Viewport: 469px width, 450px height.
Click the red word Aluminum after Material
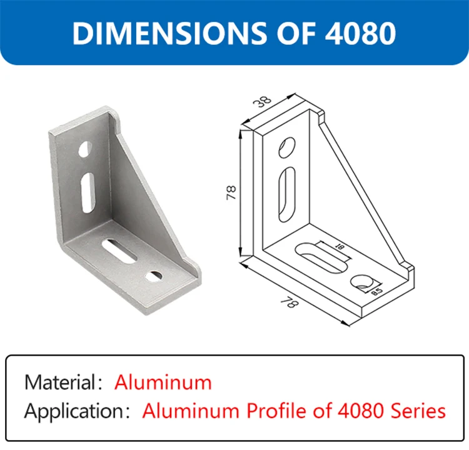point(163,382)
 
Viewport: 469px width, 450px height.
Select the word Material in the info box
point(60,382)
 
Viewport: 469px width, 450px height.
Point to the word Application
point(74,411)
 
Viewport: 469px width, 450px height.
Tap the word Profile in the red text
point(278,411)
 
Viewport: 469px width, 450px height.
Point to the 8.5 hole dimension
point(377,290)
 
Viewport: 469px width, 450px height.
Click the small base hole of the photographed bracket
point(153,275)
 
